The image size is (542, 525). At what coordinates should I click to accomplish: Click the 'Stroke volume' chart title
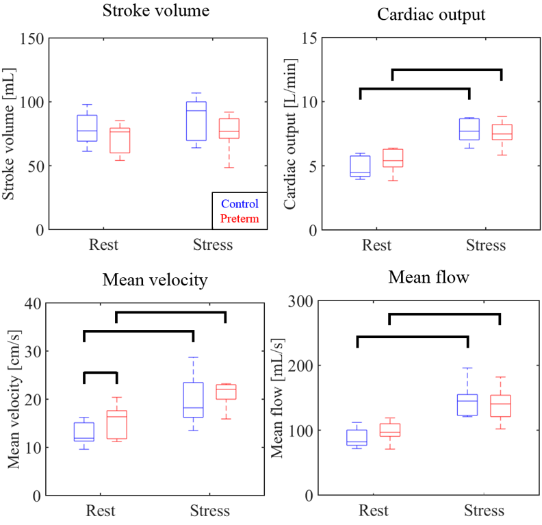(156, 11)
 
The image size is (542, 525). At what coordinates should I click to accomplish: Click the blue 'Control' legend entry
(240, 204)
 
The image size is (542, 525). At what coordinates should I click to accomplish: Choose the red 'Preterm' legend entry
(240, 218)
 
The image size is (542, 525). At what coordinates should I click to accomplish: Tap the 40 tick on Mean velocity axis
(35, 303)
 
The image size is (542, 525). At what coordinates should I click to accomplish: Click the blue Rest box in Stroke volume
(87, 128)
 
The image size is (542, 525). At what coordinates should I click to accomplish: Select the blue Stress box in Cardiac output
(469, 129)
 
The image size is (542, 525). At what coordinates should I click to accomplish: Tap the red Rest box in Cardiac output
(393, 157)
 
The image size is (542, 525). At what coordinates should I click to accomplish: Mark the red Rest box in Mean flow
(389, 430)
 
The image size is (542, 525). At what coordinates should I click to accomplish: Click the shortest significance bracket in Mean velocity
(101, 373)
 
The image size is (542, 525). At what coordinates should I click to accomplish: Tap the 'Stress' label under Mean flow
(484, 511)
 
